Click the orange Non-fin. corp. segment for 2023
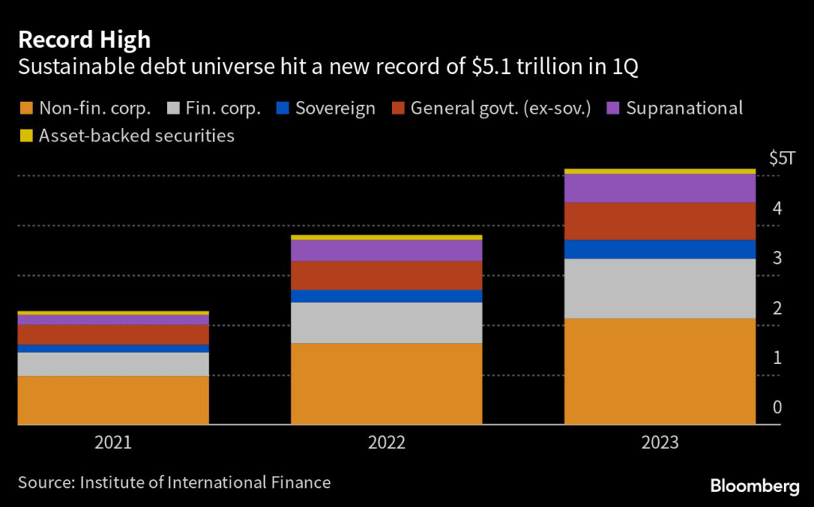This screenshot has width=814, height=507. [x=659, y=371]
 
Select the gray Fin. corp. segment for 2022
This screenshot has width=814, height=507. [x=386, y=323]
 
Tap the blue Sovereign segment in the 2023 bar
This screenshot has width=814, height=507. [x=659, y=249]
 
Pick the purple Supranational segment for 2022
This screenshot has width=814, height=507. [x=386, y=250]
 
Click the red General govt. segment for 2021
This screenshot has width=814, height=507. [x=113, y=335]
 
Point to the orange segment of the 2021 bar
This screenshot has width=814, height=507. [x=113, y=400]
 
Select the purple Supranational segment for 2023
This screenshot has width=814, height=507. [x=659, y=188]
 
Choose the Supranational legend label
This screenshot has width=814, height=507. [x=684, y=108]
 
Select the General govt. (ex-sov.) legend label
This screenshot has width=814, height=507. [x=501, y=108]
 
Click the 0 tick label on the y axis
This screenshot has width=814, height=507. [x=777, y=408]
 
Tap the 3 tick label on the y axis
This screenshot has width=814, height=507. [x=777, y=258]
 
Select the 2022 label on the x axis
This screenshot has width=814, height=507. [x=386, y=443]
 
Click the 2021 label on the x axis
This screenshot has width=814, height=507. [x=113, y=443]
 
